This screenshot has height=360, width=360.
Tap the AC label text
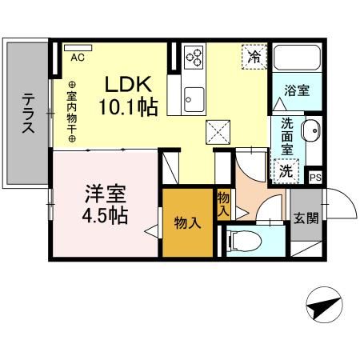(78, 58)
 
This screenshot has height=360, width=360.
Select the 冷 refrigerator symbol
(254, 57)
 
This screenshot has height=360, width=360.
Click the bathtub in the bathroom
(297, 59)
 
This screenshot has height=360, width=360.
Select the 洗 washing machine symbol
(285, 170)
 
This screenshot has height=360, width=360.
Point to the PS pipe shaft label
(316, 178)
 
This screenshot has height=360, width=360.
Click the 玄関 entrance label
(304, 217)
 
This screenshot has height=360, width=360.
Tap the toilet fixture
(243, 239)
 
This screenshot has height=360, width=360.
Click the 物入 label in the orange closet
(187, 223)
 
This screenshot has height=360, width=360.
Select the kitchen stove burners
(194, 57)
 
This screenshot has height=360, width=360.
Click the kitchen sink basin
(192, 100)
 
